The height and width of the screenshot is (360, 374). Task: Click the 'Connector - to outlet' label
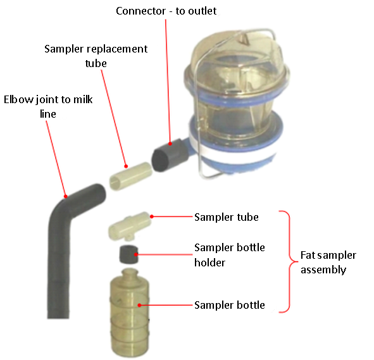coord(166,11)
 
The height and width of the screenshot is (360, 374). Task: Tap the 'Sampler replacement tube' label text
coord(96,56)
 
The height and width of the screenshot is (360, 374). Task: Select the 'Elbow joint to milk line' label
coord(48,106)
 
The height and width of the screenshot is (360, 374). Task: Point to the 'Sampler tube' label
coord(227,217)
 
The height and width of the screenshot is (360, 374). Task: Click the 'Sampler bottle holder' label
coord(230,255)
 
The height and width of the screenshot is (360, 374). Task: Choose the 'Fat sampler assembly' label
coord(328,263)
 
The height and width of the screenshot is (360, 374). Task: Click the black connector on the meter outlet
coord(168,154)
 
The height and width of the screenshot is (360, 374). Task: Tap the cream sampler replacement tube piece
coord(131,176)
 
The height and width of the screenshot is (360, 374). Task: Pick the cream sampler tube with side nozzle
coord(130,225)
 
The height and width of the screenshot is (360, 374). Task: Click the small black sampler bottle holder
coord(128,254)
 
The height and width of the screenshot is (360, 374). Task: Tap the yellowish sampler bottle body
coord(130,314)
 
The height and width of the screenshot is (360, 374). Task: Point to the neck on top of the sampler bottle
coord(130,273)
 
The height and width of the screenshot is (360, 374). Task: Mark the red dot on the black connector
coord(170,144)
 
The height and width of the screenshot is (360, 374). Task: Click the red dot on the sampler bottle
coord(139,305)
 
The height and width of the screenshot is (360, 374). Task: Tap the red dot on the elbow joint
coord(66,197)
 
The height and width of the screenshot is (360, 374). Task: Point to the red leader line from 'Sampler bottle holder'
coord(165,254)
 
